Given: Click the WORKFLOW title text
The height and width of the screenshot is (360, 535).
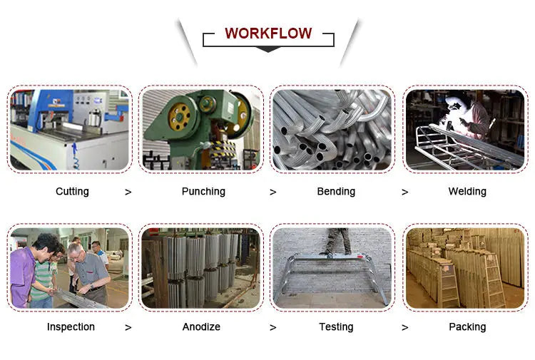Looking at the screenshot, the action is click(268, 34).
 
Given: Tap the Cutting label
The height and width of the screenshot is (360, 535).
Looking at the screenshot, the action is click(72, 191).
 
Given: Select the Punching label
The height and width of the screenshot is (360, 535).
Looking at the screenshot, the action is click(203, 191).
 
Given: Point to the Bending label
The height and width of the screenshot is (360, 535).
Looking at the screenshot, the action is click(336, 191).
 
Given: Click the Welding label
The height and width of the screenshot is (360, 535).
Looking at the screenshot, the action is click(467, 191).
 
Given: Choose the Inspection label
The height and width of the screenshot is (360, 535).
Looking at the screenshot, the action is click(71, 326).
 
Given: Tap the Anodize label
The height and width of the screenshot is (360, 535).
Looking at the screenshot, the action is click(201, 326).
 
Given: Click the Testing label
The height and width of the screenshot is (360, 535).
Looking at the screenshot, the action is click(336, 326).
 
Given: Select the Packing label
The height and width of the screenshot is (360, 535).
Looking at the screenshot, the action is click(467, 326).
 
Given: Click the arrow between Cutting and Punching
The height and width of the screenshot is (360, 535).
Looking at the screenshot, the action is click(128, 192).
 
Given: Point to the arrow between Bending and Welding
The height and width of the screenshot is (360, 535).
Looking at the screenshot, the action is click(405, 192).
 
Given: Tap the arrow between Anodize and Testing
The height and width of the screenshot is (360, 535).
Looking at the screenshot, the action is click(273, 328).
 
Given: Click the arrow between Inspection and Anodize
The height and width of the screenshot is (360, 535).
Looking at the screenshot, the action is click(128, 328).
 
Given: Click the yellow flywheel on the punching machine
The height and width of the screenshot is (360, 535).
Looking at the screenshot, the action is click(180, 117).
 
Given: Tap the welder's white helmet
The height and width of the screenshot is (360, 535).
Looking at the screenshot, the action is click(453, 102).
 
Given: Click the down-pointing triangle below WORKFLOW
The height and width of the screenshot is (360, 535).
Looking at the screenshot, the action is click(268, 49).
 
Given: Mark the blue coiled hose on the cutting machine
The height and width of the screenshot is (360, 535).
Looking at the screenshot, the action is click(75, 156).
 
